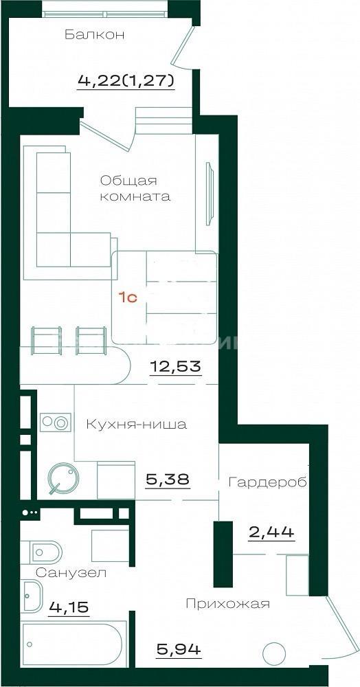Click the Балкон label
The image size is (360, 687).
95,34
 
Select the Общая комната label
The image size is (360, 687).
135,188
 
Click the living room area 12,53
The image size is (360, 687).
176,365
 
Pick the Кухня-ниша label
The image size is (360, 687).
136,424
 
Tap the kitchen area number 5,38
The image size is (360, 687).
168,479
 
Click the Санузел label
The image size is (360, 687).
71,572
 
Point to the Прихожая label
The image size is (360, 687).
227,604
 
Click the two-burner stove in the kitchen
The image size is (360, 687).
56,423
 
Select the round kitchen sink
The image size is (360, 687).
62,478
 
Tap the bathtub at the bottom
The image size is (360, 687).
74,644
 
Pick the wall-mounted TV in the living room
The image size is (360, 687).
210,194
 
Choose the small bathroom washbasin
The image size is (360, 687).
32,595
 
